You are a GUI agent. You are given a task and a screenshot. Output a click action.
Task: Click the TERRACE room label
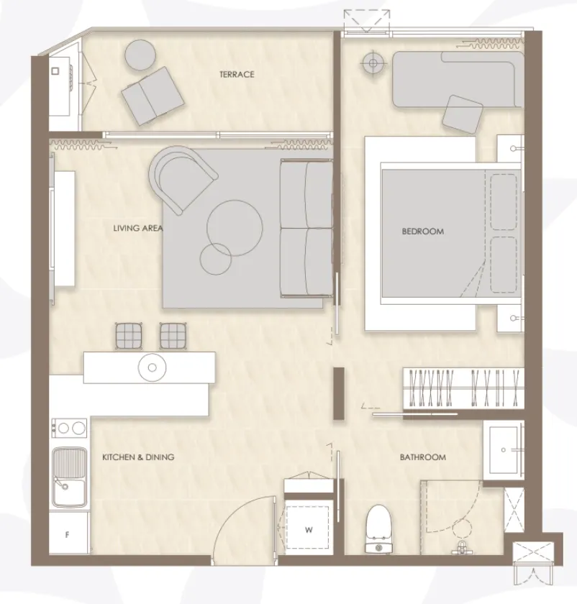tap(237, 74)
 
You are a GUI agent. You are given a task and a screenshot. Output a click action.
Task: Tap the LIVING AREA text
tap(138, 228)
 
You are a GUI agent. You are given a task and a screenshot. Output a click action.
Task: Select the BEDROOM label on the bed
tap(423, 232)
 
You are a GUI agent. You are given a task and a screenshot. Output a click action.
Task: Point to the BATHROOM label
tap(423, 457)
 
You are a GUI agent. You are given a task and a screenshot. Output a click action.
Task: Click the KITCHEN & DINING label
tap(138, 457)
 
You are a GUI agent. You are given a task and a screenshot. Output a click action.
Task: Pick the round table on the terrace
tap(141, 55)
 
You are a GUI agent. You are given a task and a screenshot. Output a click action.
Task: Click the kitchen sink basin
tap(69, 477)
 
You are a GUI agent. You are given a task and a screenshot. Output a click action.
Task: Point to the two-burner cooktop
tap(69, 428)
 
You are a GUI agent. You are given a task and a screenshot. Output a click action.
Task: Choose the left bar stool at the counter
tap(129, 336)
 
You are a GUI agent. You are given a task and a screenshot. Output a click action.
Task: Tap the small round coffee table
tap(215, 259)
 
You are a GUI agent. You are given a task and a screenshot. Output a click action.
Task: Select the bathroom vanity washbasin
tap(503, 450)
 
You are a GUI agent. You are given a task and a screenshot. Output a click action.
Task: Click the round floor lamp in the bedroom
tap(373, 63)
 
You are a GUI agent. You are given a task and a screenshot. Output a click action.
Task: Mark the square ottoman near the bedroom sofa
tap(463, 114)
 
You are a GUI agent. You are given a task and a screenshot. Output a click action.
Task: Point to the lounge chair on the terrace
tap(153, 96)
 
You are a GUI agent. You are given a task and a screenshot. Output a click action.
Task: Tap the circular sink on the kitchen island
tap(153, 367)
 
